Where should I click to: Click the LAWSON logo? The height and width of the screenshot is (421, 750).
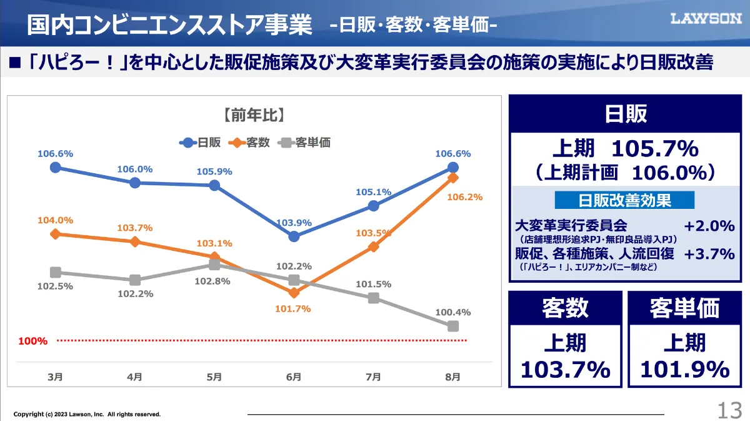[706, 18]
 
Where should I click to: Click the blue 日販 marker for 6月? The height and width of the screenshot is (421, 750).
[294, 236]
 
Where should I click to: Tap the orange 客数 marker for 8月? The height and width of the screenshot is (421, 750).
[453, 178]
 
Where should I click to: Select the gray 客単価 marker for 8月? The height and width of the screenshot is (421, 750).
[453, 326]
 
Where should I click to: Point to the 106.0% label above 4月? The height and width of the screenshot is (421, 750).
[134, 169]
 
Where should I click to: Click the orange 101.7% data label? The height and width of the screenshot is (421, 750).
[293, 308]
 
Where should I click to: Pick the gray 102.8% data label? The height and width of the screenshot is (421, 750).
[212, 282]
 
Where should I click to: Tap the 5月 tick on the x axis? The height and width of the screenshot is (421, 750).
[214, 377]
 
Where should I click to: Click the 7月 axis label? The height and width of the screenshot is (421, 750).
[373, 377]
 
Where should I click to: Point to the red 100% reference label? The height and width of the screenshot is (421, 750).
[32, 341]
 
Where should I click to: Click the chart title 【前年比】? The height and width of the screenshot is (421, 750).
[254, 115]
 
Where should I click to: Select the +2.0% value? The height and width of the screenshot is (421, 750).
[709, 226]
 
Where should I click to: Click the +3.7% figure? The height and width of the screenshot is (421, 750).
[709, 254]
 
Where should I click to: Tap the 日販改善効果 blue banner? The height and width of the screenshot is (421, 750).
[624, 200]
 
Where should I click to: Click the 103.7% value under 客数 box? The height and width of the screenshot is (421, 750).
[565, 369]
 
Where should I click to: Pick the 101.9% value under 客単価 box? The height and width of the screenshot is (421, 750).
[684, 369]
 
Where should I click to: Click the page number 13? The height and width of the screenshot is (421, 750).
[729, 410]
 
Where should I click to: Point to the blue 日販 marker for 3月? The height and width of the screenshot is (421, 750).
[55, 167]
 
